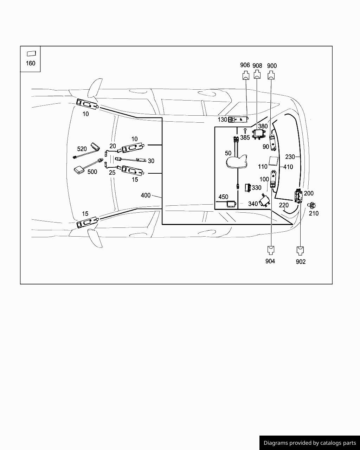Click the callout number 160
31,63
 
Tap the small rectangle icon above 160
31,54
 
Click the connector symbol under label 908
257,75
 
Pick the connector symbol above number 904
270,250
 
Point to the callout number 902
301,262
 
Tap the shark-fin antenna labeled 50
238,162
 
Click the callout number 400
146,195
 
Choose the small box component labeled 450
231,204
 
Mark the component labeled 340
265,200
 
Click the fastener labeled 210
312,205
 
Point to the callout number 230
290,157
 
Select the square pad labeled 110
273,161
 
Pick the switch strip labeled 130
238,120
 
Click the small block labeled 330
249,187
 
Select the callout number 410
288,167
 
